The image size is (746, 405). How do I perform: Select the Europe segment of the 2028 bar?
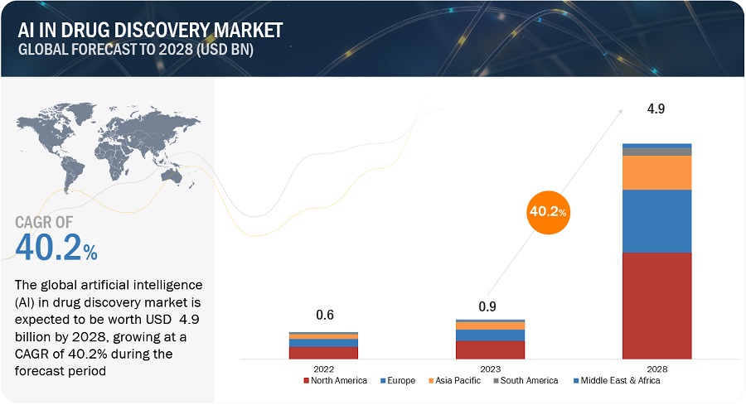click(657, 220)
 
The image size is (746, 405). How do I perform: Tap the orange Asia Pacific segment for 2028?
click(657, 172)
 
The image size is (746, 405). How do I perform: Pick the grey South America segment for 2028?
click(657, 152)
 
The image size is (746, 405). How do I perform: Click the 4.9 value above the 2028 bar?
click(657, 108)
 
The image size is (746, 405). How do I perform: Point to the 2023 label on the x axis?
click(490, 369)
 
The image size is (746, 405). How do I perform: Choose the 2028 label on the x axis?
click(657, 369)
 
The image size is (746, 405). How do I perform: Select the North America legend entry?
click(336, 381)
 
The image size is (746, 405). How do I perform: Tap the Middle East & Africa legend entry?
click(619, 381)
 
